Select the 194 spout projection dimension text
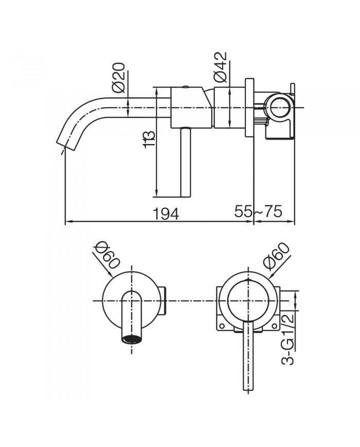coord(166,212)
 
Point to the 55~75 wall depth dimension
coord(258,211)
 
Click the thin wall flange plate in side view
coord(250,108)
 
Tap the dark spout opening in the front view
coord(132,339)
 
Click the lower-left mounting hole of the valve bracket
coord(222,326)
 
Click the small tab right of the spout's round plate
coord(164,300)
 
